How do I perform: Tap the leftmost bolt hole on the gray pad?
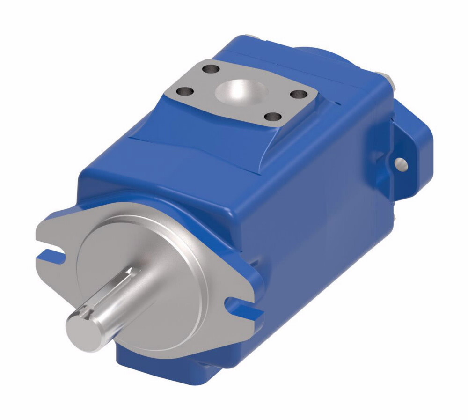(x=188, y=91)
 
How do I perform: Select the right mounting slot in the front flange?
(x=238, y=307)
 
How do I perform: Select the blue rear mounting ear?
(x=407, y=150)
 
